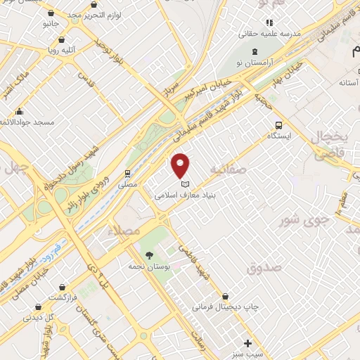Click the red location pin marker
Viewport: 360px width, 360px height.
click(181, 164)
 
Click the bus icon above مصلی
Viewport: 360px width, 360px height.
click(127, 173)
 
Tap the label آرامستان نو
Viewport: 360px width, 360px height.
click(255, 63)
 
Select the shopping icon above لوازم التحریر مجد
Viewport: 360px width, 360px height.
click(51, 13)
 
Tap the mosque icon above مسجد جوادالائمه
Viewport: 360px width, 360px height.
click(19, 112)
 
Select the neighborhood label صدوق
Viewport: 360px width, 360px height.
click(264, 268)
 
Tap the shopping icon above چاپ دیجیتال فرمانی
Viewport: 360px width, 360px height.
click(225, 297)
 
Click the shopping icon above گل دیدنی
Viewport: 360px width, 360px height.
click(38, 307)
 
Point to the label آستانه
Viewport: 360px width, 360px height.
click(349, 83)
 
